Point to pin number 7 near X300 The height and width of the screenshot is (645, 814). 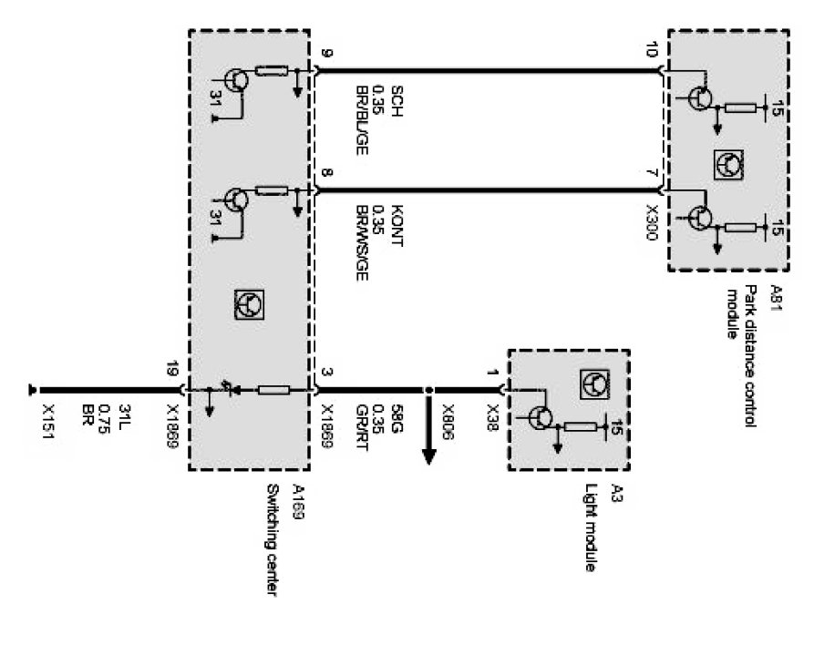[651, 173]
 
